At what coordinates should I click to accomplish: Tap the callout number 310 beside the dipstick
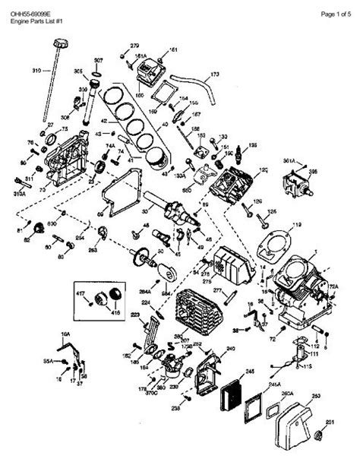tap(36, 71)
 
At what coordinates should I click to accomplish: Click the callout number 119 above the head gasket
tap(297, 225)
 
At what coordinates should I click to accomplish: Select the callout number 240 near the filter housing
tap(230, 349)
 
